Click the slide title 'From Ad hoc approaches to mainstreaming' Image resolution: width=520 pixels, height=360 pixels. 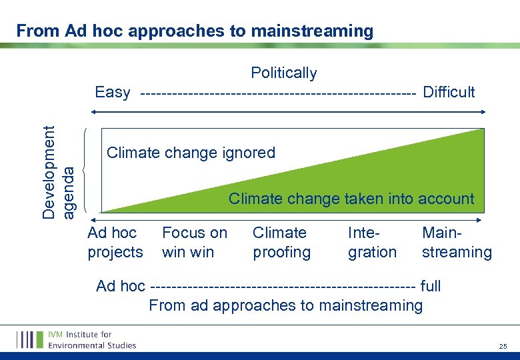point(195,31)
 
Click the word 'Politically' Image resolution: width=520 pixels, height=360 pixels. point(283,73)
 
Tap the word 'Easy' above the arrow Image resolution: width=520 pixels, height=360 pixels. point(113,92)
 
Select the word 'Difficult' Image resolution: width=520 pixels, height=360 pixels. point(449,92)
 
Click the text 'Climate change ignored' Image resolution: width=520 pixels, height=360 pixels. point(191,153)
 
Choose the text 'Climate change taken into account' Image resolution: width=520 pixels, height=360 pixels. point(351,199)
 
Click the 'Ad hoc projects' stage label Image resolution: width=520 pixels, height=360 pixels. point(115,243)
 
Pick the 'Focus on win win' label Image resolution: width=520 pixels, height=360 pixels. point(194,243)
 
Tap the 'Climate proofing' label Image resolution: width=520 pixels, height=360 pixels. point(281,243)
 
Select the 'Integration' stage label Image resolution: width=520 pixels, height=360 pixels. point(372,243)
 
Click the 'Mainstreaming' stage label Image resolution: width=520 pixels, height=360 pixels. point(457,243)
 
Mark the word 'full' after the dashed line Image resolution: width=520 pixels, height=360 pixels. point(431,287)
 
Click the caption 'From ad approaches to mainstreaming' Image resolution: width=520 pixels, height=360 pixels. point(285,305)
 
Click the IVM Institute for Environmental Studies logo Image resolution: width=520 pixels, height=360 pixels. point(77,339)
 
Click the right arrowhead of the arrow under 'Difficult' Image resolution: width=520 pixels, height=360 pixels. point(483,106)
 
